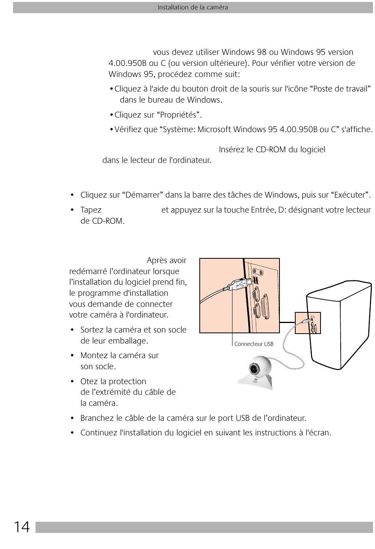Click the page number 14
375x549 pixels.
(22, 527)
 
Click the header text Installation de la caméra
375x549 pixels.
(193, 7)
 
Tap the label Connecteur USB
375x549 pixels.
(254, 344)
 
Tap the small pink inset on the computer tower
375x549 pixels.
(308, 323)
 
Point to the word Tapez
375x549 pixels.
(91, 210)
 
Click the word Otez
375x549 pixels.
(89, 381)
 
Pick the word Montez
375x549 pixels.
(93, 355)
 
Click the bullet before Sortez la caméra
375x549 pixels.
(72, 330)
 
